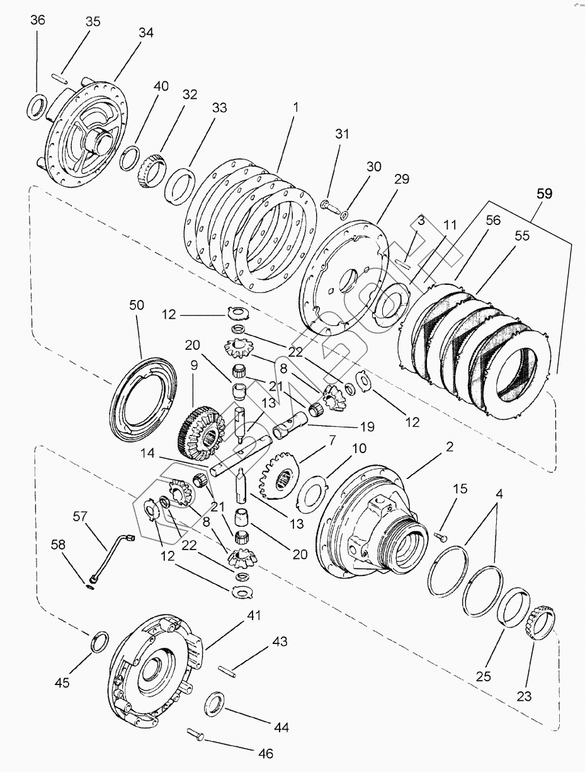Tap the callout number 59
(x=545, y=194)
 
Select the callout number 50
(x=137, y=305)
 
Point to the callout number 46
(x=265, y=753)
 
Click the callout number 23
(x=524, y=696)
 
